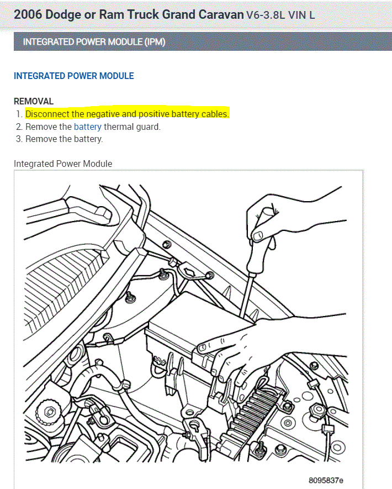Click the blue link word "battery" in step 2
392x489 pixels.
(88, 127)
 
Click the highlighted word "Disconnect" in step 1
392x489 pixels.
(47, 114)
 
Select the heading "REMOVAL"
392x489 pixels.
(34, 101)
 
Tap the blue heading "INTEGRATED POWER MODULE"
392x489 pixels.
(73, 76)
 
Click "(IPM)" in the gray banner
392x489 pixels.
(155, 42)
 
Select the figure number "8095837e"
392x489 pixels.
(326, 480)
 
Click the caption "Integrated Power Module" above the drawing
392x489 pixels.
(63, 164)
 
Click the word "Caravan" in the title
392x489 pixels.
(213, 14)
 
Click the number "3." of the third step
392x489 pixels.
(19, 139)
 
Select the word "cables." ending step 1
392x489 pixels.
(215, 114)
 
